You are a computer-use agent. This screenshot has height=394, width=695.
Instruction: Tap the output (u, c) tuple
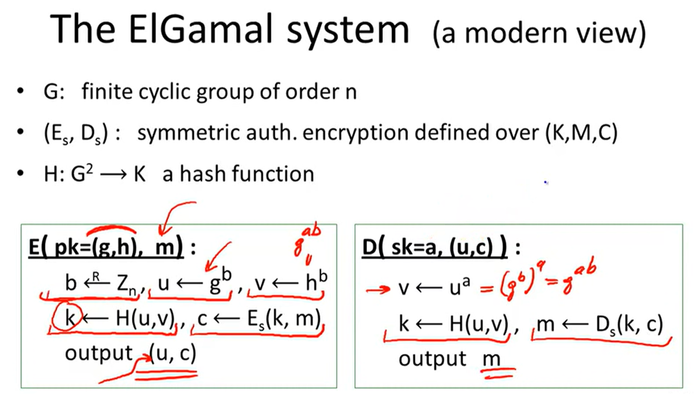coord(173,354)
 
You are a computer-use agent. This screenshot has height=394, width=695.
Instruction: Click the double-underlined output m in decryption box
coord(491,359)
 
